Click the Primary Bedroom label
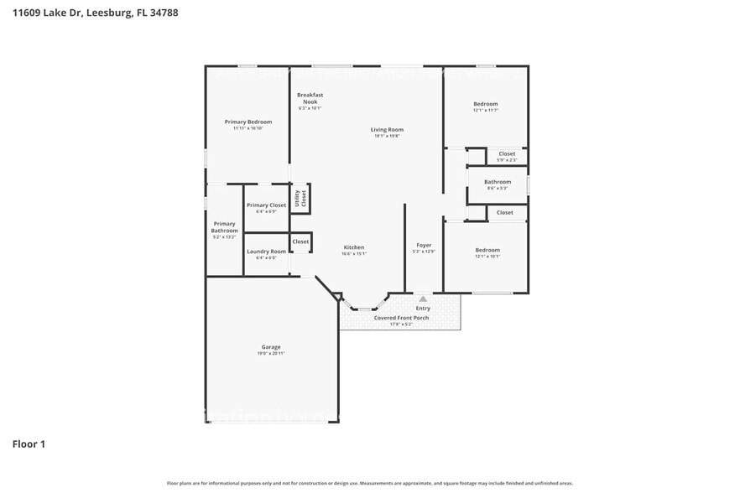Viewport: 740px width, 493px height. tap(248, 122)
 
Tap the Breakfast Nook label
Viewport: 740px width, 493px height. tap(310, 98)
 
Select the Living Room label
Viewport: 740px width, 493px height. tap(387, 129)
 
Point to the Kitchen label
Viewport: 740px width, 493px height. tap(353, 247)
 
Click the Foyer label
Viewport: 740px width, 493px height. tap(424, 245)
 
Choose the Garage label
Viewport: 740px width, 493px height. tap(270, 346)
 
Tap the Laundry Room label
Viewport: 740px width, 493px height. tap(266, 252)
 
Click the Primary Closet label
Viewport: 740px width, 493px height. tap(266, 205)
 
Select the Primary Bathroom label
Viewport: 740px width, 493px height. tap(224, 227)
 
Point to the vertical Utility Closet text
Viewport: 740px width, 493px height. tap(300, 198)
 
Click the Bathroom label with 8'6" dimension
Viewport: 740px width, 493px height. tap(498, 182)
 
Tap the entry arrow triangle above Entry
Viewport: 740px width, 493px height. tap(423, 298)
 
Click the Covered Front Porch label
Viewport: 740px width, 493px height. tap(401, 318)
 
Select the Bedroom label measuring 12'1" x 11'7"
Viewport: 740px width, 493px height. tap(485, 104)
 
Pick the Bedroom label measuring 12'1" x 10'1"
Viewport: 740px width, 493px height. tap(487, 250)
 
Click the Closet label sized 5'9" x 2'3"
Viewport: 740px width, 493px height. tap(507, 153)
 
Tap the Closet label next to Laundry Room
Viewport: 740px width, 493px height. tap(300, 241)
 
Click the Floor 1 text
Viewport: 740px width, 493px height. tap(29, 444)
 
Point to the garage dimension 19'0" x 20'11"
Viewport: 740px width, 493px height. tap(270, 354)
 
